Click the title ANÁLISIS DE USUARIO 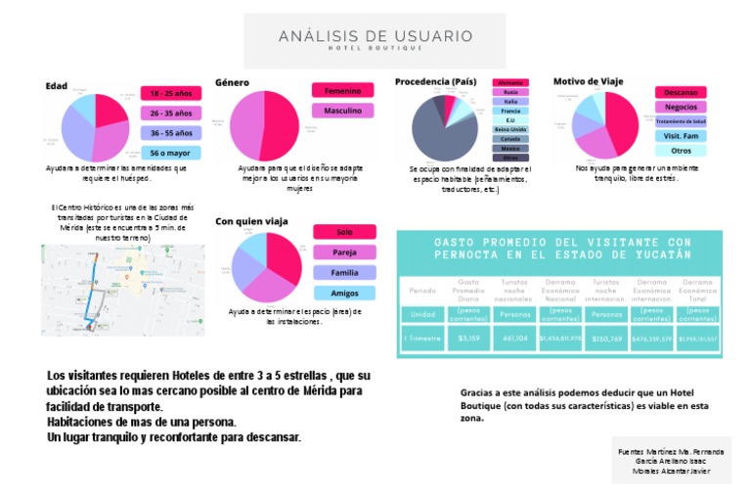click(x=375, y=37)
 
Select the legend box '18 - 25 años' click(x=170, y=94)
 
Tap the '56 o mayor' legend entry click(x=170, y=153)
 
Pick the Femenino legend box click(x=342, y=90)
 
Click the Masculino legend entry click(x=342, y=111)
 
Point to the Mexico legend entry click(x=510, y=148)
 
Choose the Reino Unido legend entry click(x=510, y=129)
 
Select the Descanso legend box click(x=681, y=91)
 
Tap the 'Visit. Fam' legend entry click(x=681, y=136)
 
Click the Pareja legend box click(x=344, y=252)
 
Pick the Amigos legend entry click(x=344, y=293)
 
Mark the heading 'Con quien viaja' click(x=251, y=221)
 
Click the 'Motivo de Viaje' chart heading click(x=588, y=81)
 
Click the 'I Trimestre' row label click(x=422, y=340)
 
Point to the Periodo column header click(x=422, y=291)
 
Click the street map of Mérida click(x=122, y=290)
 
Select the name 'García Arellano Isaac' click(x=671, y=460)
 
